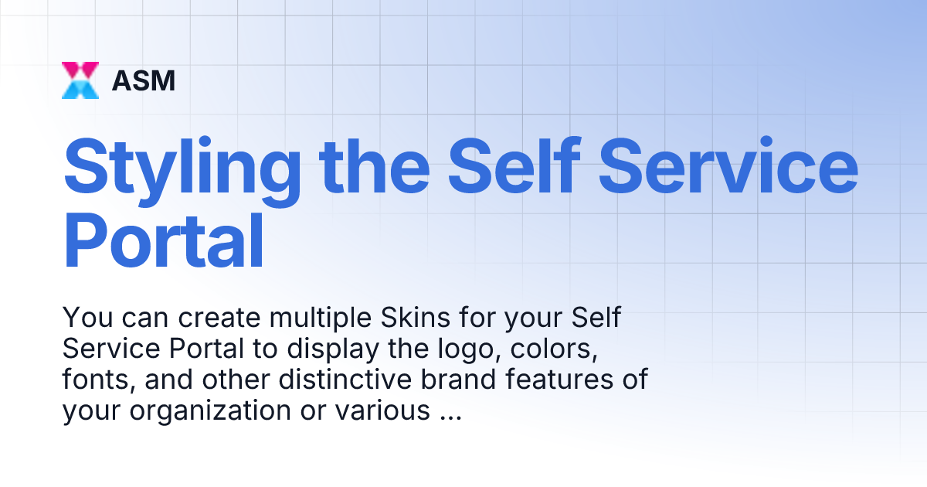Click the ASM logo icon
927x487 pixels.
coord(80,80)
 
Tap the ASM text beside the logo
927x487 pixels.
coord(143,80)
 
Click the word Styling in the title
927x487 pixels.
coord(182,165)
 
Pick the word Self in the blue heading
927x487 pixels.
coord(513,165)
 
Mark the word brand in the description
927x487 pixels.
coord(457,381)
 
